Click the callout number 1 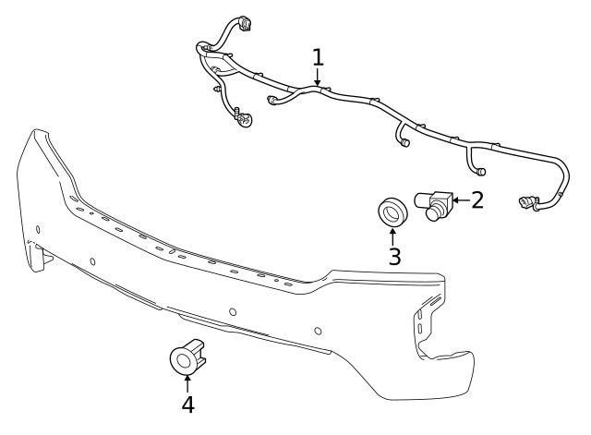pos(318,57)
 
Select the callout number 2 pos(476,199)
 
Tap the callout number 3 pos(394,256)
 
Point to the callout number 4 pos(187,405)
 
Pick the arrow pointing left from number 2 pos(457,199)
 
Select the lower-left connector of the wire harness pos(243,120)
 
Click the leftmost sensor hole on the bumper pos(37,229)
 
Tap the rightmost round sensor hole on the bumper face pos(318,330)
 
